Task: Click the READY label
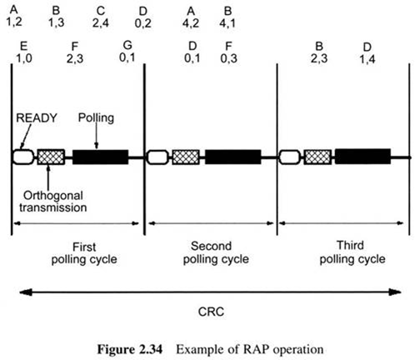point(37,118)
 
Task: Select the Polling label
point(96,118)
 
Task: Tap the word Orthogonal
point(53,196)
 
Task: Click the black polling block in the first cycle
point(101,157)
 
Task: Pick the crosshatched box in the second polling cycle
point(186,157)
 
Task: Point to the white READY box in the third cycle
point(290,157)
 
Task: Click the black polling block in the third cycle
point(362,157)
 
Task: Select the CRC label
point(211,312)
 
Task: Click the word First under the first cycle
point(84,247)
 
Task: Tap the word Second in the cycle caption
point(211,246)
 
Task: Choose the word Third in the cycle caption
point(350,245)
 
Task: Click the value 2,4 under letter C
point(101,23)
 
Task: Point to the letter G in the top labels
point(127,45)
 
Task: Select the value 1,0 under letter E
point(24,58)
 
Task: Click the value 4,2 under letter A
point(191,23)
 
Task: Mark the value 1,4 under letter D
point(367,59)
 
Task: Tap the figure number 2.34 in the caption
point(150,349)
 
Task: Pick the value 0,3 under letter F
point(228,58)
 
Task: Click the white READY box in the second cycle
point(157,157)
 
